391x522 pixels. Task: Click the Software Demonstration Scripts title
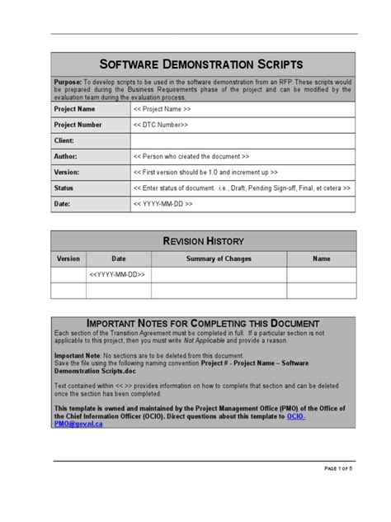click(x=201, y=64)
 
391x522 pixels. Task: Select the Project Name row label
click(x=75, y=109)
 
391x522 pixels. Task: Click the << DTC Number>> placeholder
click(x=161, y=125)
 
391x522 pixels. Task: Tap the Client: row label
click(x=64, y=140)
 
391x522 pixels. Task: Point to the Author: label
click(x=66, y=156)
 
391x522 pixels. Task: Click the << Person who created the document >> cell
click(x=191, y=156)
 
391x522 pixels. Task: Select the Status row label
click(x=64, y=187)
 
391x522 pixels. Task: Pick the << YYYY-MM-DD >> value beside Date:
click(x=163, y=203)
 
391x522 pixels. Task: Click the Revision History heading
click(x=203, y=241)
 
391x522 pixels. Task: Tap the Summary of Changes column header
click(x=219, y=259)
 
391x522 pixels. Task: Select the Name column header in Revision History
click(x=321, y=259)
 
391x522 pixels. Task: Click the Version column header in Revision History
click(x=68, y=259)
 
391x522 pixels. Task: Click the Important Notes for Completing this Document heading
click(x=203, y=323)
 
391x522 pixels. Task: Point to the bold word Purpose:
click(x=68, y=83)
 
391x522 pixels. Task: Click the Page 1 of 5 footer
click(x=338, y=469)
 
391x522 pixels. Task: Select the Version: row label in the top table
click(x=67, y=172)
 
